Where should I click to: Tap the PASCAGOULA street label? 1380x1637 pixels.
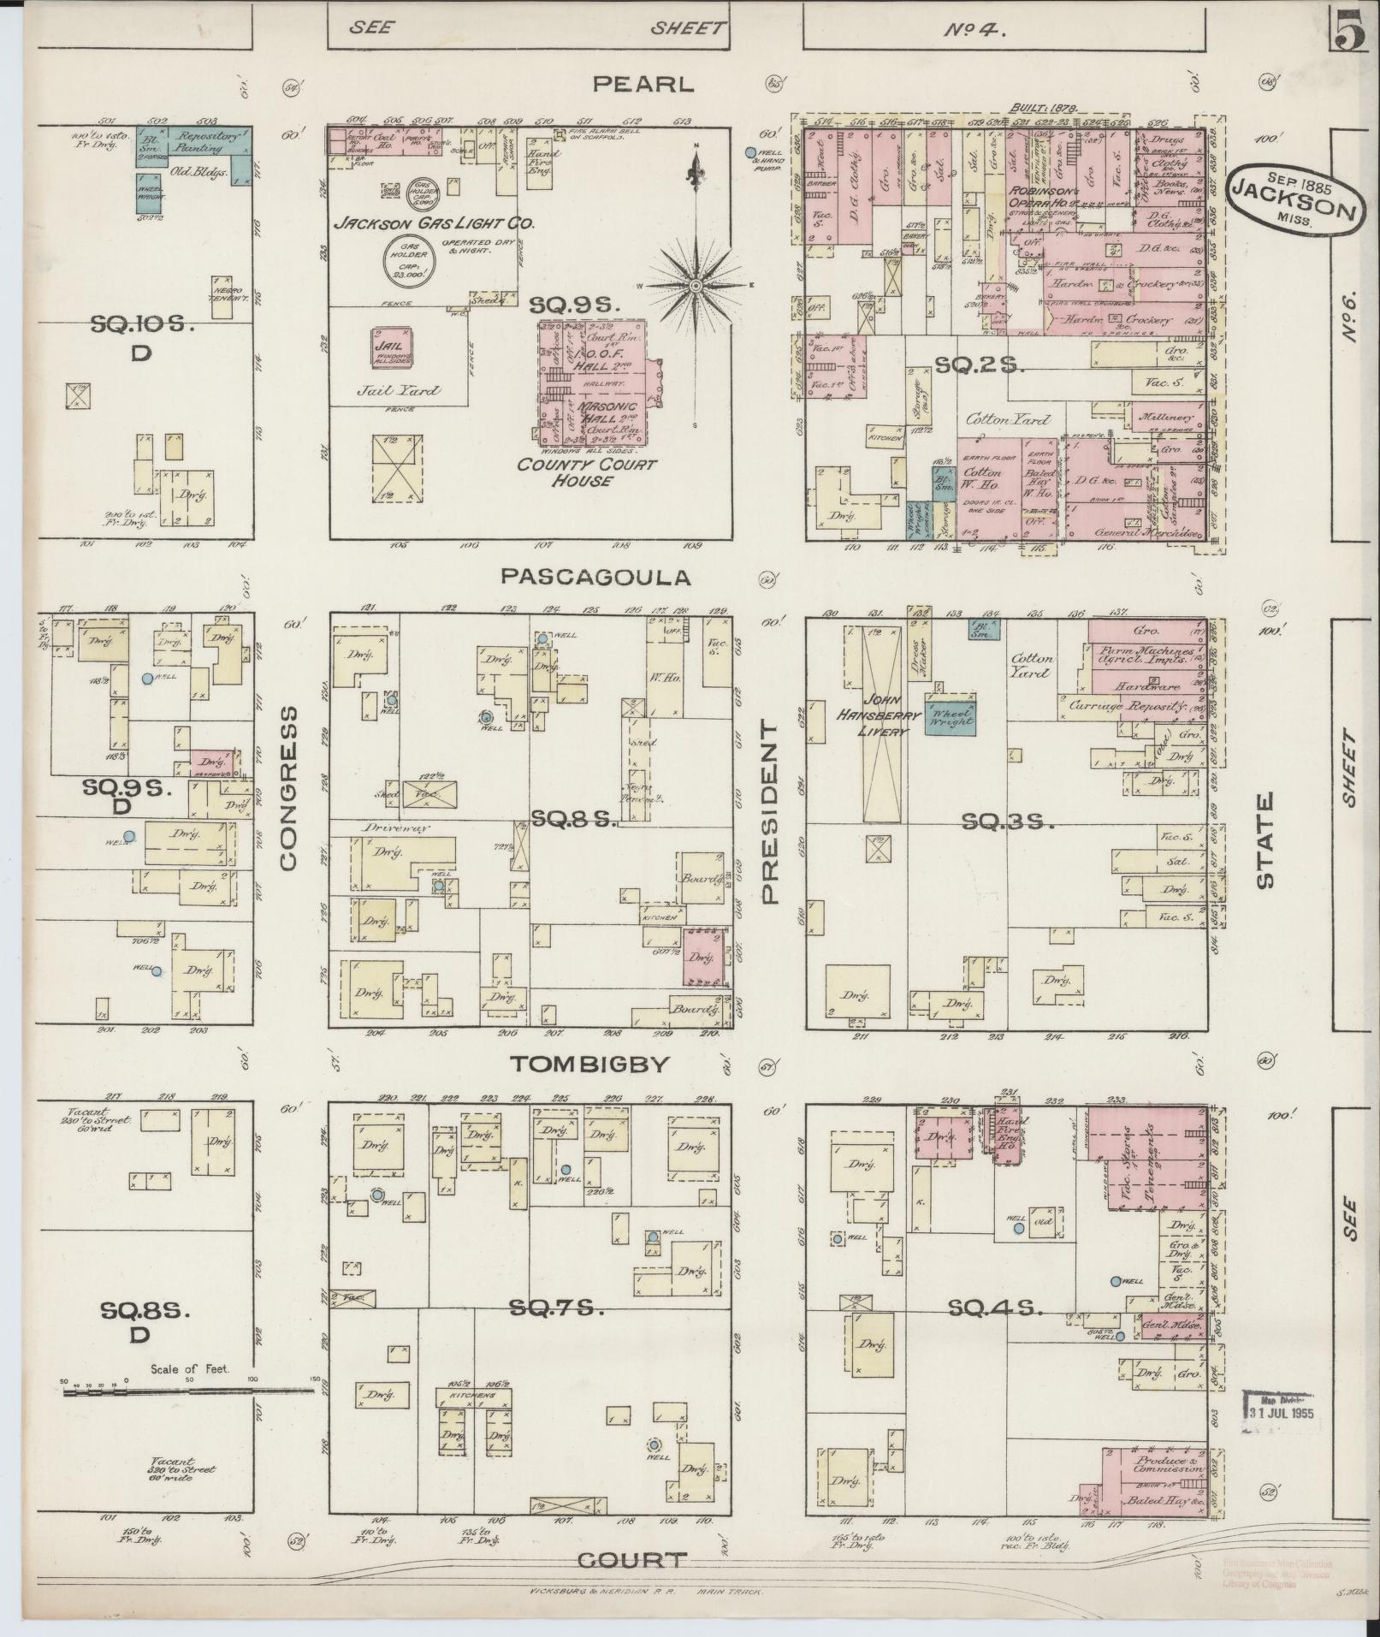595,577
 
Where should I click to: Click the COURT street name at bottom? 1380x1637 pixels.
632,1559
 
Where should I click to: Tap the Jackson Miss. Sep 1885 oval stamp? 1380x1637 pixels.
1293,199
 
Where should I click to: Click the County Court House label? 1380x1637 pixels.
587,472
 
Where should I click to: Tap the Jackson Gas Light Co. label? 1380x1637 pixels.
434,223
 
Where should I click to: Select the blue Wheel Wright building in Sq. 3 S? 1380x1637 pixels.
950,716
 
